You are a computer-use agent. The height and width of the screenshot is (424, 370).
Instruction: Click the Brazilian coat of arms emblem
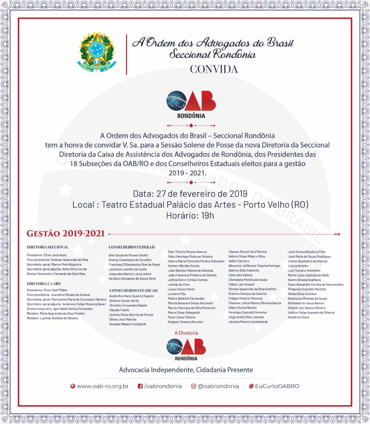click(x=95, y=52)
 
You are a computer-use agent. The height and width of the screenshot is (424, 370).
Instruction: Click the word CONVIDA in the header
click(x=214, y=69)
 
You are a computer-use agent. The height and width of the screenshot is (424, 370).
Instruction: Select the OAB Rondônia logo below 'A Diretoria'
click(x=186, y=348)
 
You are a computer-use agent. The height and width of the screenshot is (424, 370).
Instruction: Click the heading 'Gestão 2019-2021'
click(x=66, y=234)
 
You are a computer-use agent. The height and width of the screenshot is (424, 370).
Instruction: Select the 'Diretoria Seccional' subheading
click(x=47, y=247)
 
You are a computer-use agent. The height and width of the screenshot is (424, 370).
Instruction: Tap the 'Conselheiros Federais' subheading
click(x=132, y=247)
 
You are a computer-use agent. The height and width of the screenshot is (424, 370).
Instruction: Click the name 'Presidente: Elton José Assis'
click(x=47, y=255)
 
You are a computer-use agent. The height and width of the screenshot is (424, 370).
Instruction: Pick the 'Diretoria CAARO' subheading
click(x=44, y=284)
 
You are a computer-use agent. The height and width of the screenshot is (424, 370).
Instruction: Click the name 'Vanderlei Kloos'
click(x=299, y=317)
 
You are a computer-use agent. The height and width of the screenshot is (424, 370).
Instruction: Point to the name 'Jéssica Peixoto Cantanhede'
click(x=248, y=322)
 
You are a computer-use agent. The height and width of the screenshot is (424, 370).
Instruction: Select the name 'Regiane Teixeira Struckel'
click(x=185, y=322)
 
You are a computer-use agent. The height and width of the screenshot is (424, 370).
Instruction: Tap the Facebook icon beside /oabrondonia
click(x=140, y=386)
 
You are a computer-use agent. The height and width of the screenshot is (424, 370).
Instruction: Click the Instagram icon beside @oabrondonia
click(x=194, y=386)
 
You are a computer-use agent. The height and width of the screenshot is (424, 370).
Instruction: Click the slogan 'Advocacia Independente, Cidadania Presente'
click(x=186, y=370)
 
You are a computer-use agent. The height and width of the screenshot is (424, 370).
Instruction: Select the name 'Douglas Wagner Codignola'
click(x=128, y=324)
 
